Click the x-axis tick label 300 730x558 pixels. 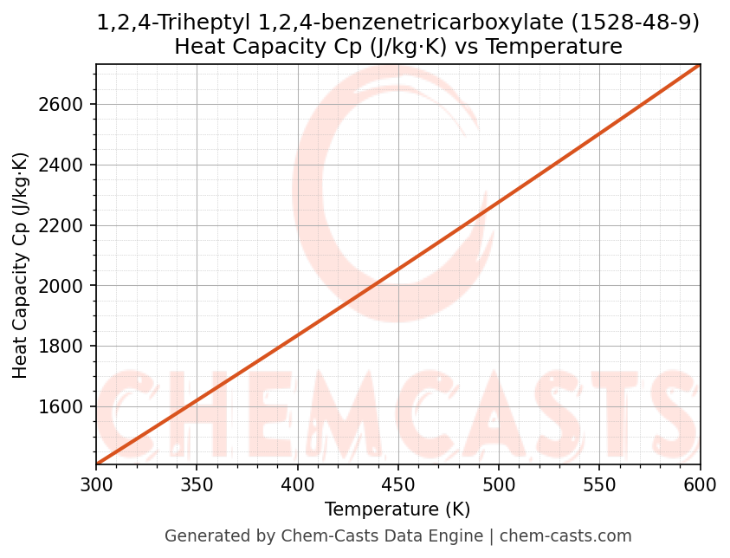coord(96,485)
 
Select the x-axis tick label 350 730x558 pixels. coord(197,485)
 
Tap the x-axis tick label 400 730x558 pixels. coord(297,485)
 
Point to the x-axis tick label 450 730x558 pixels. coord(398,485)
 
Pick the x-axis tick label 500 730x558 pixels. coord(499,485)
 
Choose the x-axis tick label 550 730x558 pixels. coord(599,485)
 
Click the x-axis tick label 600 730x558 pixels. coord(700,485)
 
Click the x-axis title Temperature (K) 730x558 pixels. coord(397,509)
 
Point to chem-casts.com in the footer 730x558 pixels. coord(565,536)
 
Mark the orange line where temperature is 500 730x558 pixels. coord(499,204)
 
